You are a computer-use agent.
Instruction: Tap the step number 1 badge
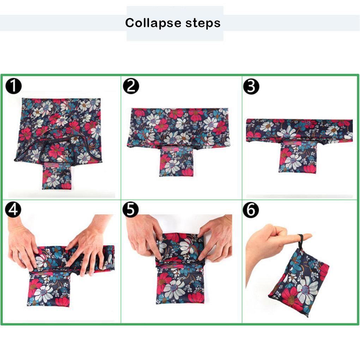click(14, 86)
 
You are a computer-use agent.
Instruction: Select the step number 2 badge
click(131, 86)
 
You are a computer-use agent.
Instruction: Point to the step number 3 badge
click(251, 86)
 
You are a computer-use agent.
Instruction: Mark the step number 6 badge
click(251, 211)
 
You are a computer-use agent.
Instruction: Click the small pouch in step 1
click(56, 176)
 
